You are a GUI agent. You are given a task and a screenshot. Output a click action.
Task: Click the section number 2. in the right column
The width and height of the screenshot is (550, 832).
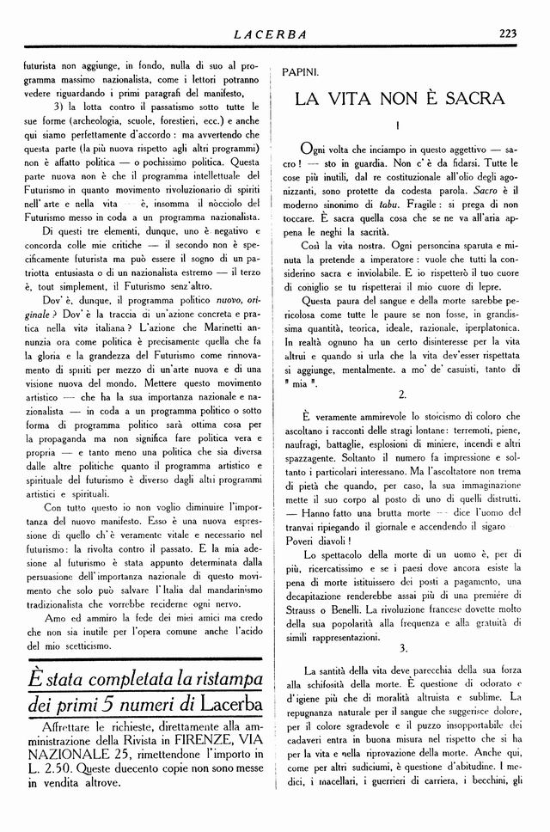pos(402,394)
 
